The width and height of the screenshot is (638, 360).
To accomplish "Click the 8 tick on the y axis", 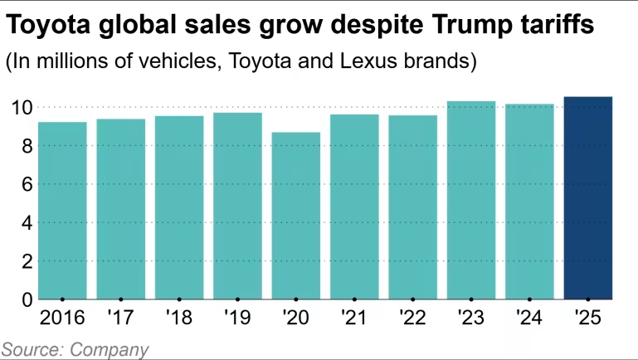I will [x=24, y=146].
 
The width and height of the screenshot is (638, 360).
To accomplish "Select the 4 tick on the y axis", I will [x=24, y=222].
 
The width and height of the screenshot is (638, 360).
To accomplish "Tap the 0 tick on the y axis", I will [x=24, y=299].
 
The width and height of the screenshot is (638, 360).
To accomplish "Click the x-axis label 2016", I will [x=62, y=318].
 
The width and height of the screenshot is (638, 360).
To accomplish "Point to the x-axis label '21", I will [x=354, y=318].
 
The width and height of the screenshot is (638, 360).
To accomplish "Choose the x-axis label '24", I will [x=529, y=318].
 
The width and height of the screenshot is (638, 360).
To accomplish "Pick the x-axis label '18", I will [x=179, y=318].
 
